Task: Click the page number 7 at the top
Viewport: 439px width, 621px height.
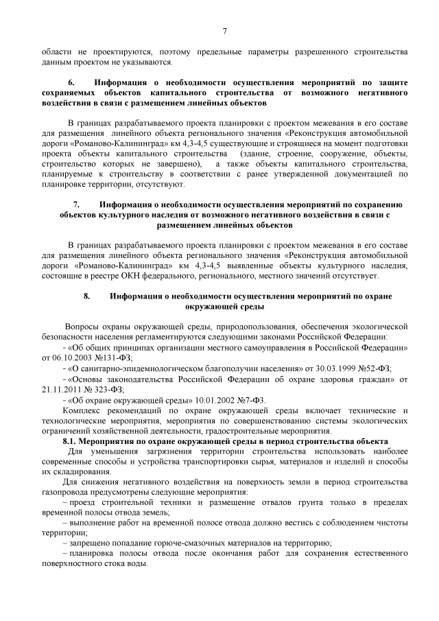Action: tap(224, 30)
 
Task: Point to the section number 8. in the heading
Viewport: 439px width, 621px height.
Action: tap(86, 296)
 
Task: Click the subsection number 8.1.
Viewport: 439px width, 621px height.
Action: tap(72, 441)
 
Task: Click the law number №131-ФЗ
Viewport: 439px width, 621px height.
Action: tap(112, 358)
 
